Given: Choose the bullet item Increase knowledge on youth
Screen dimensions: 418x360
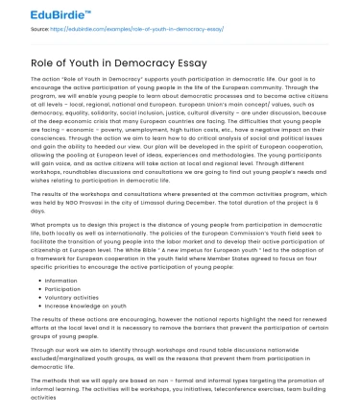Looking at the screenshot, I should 81,307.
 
